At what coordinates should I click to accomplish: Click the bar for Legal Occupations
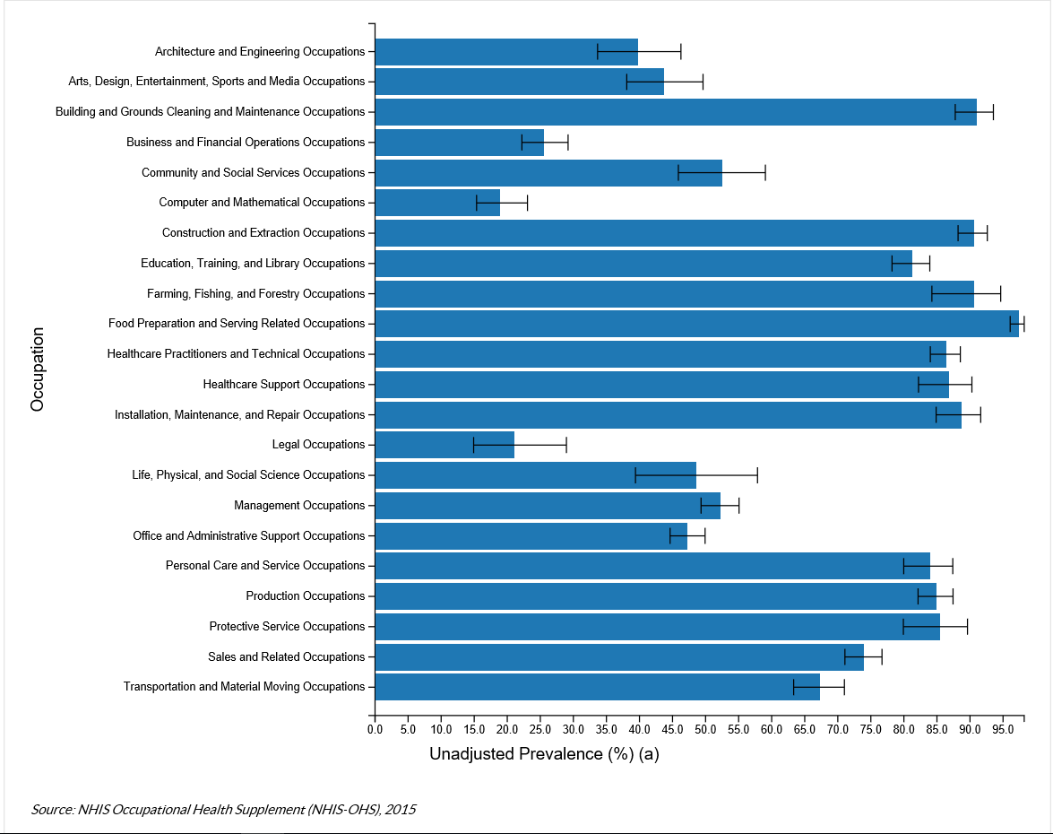(445, 445)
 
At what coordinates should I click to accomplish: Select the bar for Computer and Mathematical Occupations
(437, 203)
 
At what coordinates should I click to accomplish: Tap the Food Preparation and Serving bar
(696, 324)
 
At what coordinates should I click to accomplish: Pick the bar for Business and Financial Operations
(459, 143)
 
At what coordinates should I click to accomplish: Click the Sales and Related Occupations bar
(618, 657)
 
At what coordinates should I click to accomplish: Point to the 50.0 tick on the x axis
(705, 730)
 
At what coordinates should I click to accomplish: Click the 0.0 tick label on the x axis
(375, 730)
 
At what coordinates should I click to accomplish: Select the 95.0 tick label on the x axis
(1003, 730)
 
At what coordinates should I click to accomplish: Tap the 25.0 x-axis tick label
(539, 730)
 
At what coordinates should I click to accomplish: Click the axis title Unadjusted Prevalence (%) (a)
(544, 754)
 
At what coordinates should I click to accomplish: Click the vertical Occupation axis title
(37, 369)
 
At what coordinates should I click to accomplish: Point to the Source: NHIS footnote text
(223, 810)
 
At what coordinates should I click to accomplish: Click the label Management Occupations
(299, 506)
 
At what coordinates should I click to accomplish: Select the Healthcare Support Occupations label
(284, 385)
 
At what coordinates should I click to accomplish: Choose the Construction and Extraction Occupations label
(263, 233)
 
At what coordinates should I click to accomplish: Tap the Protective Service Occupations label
(287, 627)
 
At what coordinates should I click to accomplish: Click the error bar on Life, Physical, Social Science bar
(696, 475)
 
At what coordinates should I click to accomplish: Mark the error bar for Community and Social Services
(721, 173)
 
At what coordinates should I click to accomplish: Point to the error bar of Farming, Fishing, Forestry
(966, 294)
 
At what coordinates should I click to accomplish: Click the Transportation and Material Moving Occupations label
(244, 687)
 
